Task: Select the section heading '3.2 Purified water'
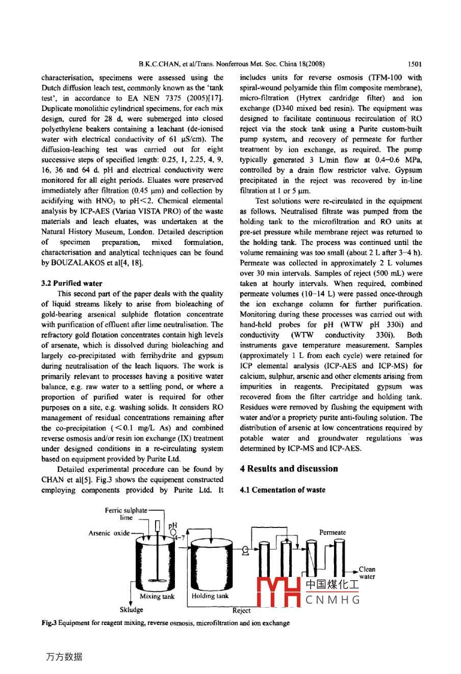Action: pyautogui.click(x=71, y=283)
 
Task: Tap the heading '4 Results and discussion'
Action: pyautogui.click(x=289, y=469)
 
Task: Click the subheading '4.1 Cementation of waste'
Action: pyautogui.click(x=282, y=490)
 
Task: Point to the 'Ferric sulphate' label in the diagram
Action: pyautogui.click(x=126, y=510)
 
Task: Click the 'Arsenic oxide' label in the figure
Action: pyautogui.click(x=109, y=533)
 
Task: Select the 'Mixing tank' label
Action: pyautogui.click(x=157, y=596)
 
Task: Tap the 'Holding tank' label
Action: pyautogui.click(x=210, y=596)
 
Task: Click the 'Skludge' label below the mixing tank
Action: pyautogui.click(x=132, y=610)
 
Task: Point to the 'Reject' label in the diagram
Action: pyautogui.click(x=241, y=610)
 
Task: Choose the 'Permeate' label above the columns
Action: pyautogui.click(x=332, y=533)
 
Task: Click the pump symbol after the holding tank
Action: pyautogui.click(x=246, y=550)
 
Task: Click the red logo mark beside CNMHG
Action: pyautogui.click(x=277, y=593)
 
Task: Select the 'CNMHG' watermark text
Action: pyautogui.click(x=333, y=600)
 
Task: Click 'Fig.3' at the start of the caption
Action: pyautogui.click(x=49, y=623)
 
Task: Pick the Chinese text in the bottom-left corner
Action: pyautogui.click(x=64, y=657)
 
